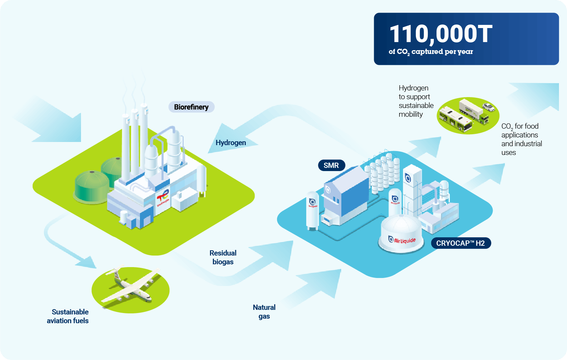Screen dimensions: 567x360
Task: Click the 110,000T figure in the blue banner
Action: [x=441, y=34]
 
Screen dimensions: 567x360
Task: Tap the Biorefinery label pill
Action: [x=191, y=107]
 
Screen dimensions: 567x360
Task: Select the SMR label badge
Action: [x=331, y=165]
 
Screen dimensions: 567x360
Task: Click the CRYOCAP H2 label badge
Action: [x=461, y=243]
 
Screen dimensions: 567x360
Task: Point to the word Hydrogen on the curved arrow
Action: [x=231, y=143]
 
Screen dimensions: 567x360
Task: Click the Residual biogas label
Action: [x=223, y=257]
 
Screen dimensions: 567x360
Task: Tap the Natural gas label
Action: [x=264, y=312]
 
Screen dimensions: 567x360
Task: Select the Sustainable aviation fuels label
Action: [x=68, y=316]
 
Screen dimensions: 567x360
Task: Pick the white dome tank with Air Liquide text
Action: [x=401, y=234]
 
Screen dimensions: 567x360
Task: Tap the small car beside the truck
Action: [x=488, y=107]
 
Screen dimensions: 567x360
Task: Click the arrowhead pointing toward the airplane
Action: [x=87, y=262]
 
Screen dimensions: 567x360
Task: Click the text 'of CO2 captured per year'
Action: [x=431, y=52]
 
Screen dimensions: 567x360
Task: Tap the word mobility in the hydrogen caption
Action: [x=411, y=114]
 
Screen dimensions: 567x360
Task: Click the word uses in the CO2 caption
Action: [x=508, y=152]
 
